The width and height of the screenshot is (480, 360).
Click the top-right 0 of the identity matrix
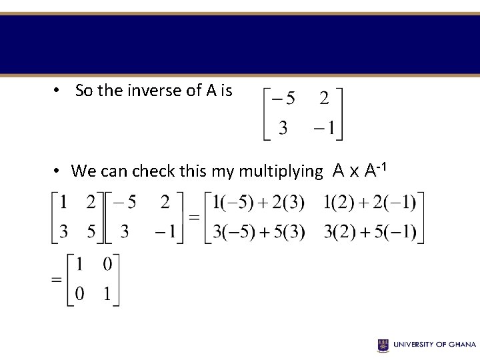tap(107, 265)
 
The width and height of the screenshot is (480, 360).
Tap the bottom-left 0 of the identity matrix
tap(79, 294)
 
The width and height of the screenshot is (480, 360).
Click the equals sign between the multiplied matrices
tap(195, 217)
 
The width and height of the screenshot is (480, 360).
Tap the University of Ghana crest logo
tap(383, 345)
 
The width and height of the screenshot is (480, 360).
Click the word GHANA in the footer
tap(462, 345)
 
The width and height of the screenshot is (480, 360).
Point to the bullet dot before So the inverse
tap(58, 91)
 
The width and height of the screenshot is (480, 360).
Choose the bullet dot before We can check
tap(58, 171)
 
